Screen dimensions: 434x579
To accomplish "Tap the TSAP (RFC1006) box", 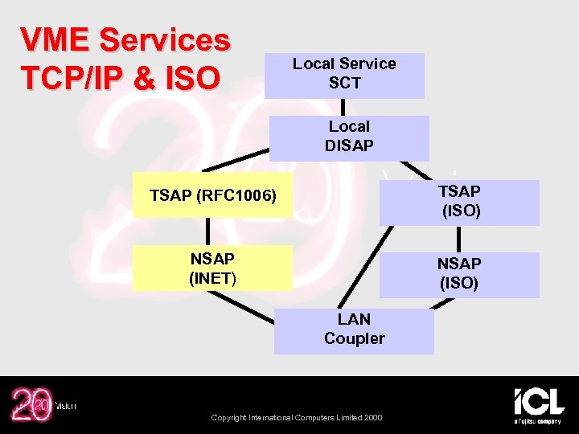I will [x=213, y=195].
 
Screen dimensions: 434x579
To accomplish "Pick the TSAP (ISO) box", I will [x=459, y=203].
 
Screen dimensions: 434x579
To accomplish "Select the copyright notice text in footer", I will [x=296, y=417].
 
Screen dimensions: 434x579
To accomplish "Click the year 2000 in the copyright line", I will [x=373, y=417].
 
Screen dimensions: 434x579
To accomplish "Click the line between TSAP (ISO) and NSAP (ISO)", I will [x=459, y=239].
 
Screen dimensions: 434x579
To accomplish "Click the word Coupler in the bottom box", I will [x=354, y=339].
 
